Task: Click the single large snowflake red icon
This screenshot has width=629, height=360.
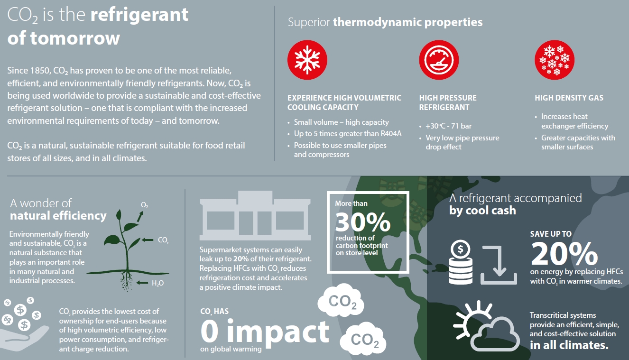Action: pos(307,60)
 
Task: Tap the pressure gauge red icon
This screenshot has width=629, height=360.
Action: pos(439,60)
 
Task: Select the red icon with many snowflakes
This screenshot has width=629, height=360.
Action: pos(555,60)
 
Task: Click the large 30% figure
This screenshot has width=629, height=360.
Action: pos(363,222)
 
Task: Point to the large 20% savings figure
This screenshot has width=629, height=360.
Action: pos(564,254)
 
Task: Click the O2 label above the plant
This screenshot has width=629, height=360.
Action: pos(144,205)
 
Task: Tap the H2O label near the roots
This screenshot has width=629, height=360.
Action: pos(157,283)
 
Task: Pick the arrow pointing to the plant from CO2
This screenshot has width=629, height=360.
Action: pos(148,240)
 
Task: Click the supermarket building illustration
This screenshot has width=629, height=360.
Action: pos(255,215)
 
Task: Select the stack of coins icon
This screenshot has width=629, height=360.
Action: pos(461,262)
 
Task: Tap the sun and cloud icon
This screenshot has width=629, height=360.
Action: pos(486,326)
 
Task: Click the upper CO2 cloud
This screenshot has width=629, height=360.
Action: pos(341,300)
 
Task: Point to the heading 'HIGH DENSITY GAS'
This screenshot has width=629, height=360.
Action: pos(569,98)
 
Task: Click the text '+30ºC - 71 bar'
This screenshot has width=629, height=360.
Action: pos(448,126)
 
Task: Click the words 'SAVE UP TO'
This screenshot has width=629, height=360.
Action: pos(551,234)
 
